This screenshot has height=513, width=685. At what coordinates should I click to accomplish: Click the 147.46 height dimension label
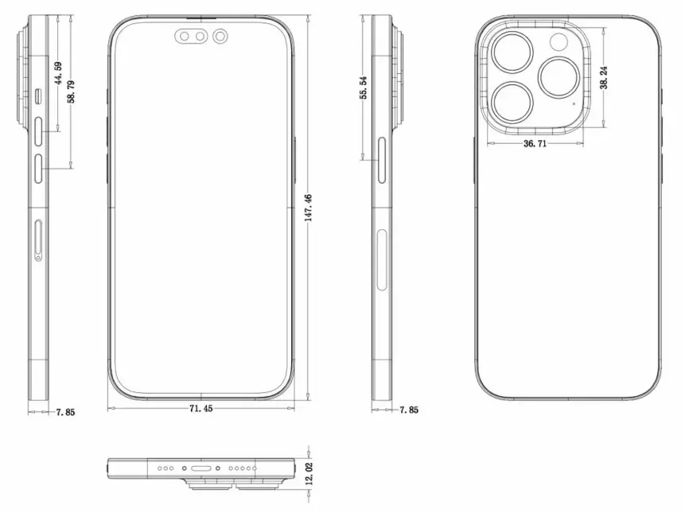click(x=309, y=208)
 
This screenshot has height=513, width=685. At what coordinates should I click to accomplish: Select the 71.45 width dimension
click(x=201, y=409)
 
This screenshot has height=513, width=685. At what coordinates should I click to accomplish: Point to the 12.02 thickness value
click(x=309, y=474)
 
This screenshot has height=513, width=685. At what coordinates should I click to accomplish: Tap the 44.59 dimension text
click(x=58, y=73)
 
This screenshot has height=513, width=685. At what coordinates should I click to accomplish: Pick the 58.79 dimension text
click(x=72, y=91)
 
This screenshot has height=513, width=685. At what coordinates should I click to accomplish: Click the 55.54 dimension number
click(x=364, y=87)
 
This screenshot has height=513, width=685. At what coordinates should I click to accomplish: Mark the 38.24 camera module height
click(x=604, y=78)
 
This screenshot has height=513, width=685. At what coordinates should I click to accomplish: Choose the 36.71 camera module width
click(x=535, y=144)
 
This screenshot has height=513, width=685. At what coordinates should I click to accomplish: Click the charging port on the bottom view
click(x=201, y=468)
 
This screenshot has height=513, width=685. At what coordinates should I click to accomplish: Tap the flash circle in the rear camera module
click(x=559, y=42)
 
